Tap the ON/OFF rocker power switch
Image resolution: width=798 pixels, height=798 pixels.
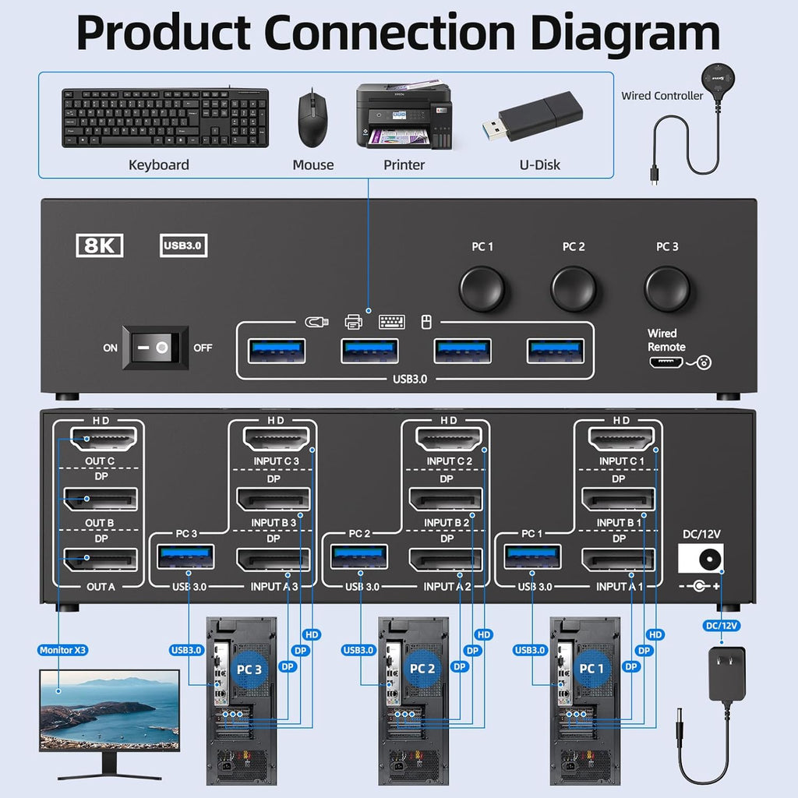coord(160,348)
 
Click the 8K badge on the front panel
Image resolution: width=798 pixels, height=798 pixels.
coord(100,245)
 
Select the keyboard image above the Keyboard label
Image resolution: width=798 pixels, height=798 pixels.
coord(165,118)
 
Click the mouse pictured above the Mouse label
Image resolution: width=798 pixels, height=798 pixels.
coord(312,118)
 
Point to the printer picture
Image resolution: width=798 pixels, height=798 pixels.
coord(404,117)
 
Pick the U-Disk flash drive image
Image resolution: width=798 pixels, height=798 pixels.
coord(537,118)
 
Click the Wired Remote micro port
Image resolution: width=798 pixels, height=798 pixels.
coord(664,362)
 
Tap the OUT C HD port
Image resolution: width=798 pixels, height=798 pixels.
coord(104,440)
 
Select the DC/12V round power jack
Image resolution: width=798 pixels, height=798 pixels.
coord(708,560)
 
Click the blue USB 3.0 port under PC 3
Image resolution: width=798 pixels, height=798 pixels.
coord(186,557)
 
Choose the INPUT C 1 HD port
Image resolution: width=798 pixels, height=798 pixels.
coord(621,440)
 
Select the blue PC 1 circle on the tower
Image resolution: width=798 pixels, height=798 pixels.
coord(591,668)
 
